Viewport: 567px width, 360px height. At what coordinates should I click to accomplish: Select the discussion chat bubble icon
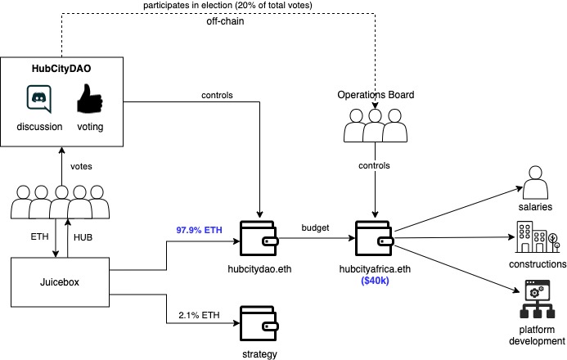tap(39, 100)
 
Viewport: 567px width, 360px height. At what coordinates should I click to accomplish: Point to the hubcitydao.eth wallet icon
tap(259, 236)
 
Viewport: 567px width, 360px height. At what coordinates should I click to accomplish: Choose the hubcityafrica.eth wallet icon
tap(375, 236)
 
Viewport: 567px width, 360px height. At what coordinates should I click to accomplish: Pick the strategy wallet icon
tap(259, 323)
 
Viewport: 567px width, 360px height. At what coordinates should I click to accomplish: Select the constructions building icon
tap(537, 236)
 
